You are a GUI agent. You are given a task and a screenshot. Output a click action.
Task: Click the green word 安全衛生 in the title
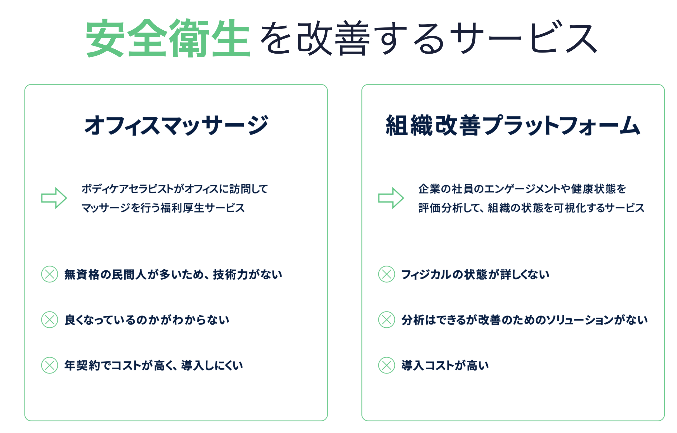click(168, 38)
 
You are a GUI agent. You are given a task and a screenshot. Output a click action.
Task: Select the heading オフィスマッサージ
click(176, 125)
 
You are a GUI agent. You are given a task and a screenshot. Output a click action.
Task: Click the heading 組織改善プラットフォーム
click(513, 125)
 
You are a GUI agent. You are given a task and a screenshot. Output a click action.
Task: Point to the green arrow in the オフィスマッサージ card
click(54, 198)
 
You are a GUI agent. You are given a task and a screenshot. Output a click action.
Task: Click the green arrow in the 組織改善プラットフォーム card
click(391, 198)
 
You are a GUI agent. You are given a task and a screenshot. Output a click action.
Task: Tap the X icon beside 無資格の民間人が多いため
click(50, 274)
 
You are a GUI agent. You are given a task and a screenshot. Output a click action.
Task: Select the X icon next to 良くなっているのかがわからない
click(50, 320)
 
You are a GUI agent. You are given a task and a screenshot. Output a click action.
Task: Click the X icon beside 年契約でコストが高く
click(50, 365)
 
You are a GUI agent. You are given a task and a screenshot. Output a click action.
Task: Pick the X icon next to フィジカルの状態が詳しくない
click(387, 274)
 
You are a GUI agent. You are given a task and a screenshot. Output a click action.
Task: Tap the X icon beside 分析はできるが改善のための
click(387, 320)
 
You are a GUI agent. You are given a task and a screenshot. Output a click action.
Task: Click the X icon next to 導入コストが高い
click(387, 365)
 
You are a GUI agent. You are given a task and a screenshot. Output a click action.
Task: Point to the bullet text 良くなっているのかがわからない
click(147, 320)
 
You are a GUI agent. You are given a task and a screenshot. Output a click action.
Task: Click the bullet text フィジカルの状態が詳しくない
click(475, 274)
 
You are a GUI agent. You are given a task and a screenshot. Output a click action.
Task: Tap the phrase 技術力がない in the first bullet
click(247, 274)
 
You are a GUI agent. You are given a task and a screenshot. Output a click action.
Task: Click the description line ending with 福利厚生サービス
click(163, 208)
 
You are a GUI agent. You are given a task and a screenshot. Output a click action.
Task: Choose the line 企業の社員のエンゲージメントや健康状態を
click(522, 189)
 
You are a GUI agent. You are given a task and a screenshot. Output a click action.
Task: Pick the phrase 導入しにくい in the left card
click(212, 365)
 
